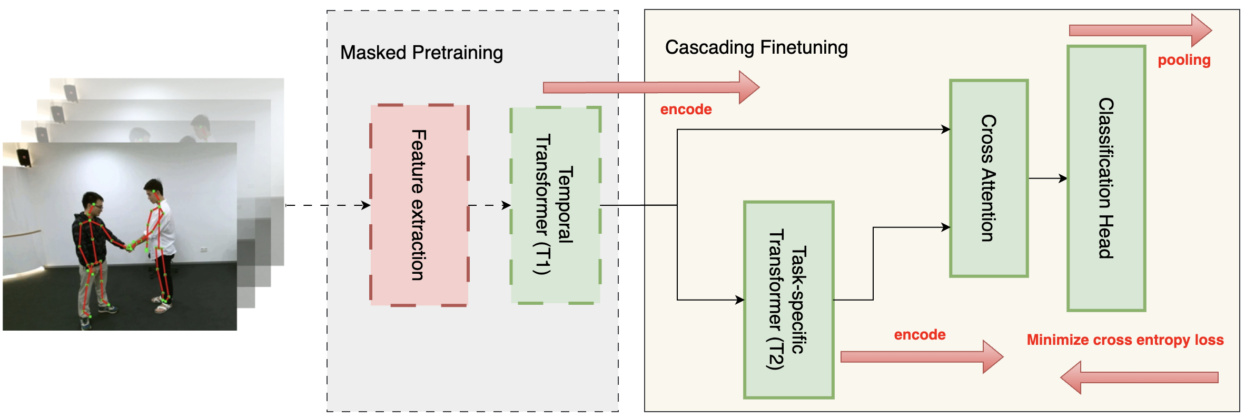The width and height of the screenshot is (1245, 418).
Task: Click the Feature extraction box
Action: (x=419, y=205)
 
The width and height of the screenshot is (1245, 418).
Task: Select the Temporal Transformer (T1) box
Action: (x=555, y=205)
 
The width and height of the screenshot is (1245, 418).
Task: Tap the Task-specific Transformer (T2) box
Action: (x=788, y=300)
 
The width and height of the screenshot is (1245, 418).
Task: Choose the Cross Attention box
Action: (x=989, y=178)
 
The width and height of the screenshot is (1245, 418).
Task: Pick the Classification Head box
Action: (x=1106, y=178)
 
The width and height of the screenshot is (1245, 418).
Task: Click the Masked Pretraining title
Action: (x=421, y=53)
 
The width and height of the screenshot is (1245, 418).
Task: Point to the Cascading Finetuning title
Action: (x=756, y=47)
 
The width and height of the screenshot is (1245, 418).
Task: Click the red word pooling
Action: (x=1184, y=60)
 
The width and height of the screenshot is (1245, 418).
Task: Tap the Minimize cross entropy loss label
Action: (x=1125, y=340)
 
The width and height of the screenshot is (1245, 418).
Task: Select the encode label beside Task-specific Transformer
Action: (x=920, y=335)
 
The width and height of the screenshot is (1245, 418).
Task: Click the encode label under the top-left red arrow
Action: (x=686, y=110)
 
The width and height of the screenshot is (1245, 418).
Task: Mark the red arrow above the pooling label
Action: (x=1140, y=30)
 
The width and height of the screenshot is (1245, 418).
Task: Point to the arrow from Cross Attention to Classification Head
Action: (x=1048, y=178)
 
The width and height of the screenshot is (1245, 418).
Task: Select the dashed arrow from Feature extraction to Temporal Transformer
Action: (x=489, y=205)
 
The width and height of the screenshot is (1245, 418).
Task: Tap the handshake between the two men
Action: (x=130, y=246)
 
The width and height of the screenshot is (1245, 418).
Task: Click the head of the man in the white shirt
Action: (x=154, y=189)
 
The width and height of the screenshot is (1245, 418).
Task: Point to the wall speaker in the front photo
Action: (x=24, y=156)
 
